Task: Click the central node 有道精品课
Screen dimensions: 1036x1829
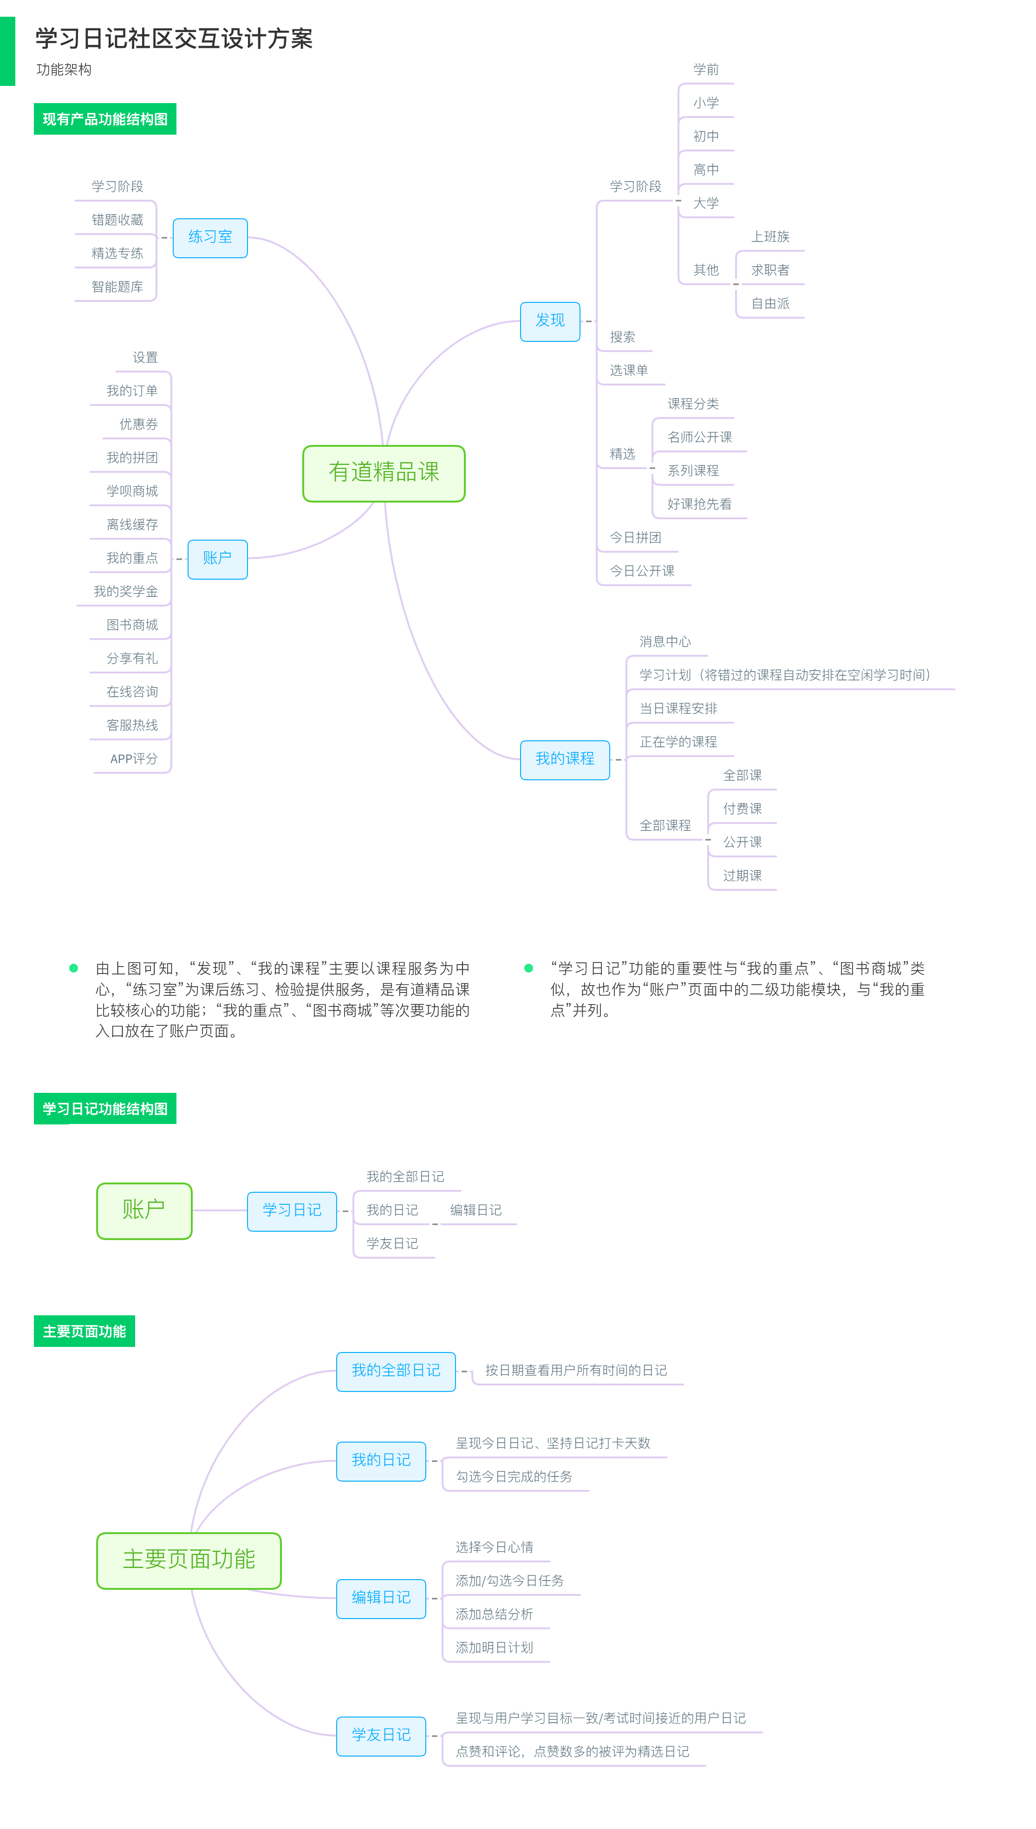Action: [384, 473]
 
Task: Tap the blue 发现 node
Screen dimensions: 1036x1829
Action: [550, 321]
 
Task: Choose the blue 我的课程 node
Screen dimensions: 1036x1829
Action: [565, 759]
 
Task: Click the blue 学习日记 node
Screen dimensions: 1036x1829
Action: [292, 1210]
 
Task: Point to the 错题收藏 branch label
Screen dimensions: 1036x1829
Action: [117, 220]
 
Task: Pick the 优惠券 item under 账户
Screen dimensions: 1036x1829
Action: [139, 424]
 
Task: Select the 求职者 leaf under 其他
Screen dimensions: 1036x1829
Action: [770, 270]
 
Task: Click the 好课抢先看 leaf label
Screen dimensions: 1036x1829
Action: [699, 504]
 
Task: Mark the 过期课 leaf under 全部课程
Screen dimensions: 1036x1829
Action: [742, 875]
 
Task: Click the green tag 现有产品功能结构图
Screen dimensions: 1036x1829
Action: [105, 119]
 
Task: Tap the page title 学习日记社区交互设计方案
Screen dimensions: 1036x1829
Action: [174, 39]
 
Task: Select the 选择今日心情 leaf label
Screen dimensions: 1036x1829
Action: [495, 1547]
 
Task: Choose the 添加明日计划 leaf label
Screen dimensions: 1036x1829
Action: [495, 1647]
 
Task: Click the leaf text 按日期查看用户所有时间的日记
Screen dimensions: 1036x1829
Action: [576, 1370]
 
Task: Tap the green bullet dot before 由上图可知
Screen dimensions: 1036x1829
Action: [73, 968]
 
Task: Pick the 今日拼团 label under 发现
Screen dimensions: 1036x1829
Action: [635, 537]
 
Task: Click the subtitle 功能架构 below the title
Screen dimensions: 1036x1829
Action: [64, 70]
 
